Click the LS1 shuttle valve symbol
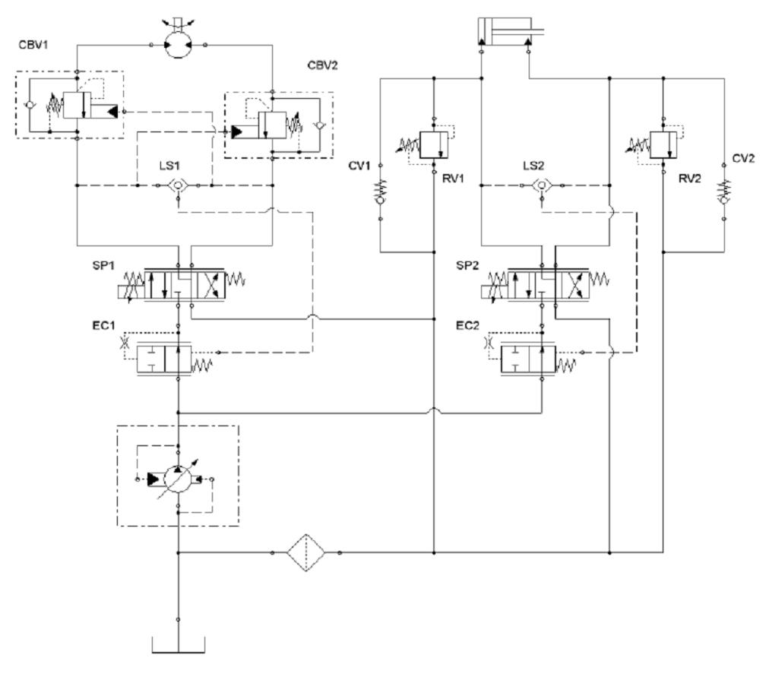(176, 186)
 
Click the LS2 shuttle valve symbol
(541, 185)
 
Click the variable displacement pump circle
(177, 479)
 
